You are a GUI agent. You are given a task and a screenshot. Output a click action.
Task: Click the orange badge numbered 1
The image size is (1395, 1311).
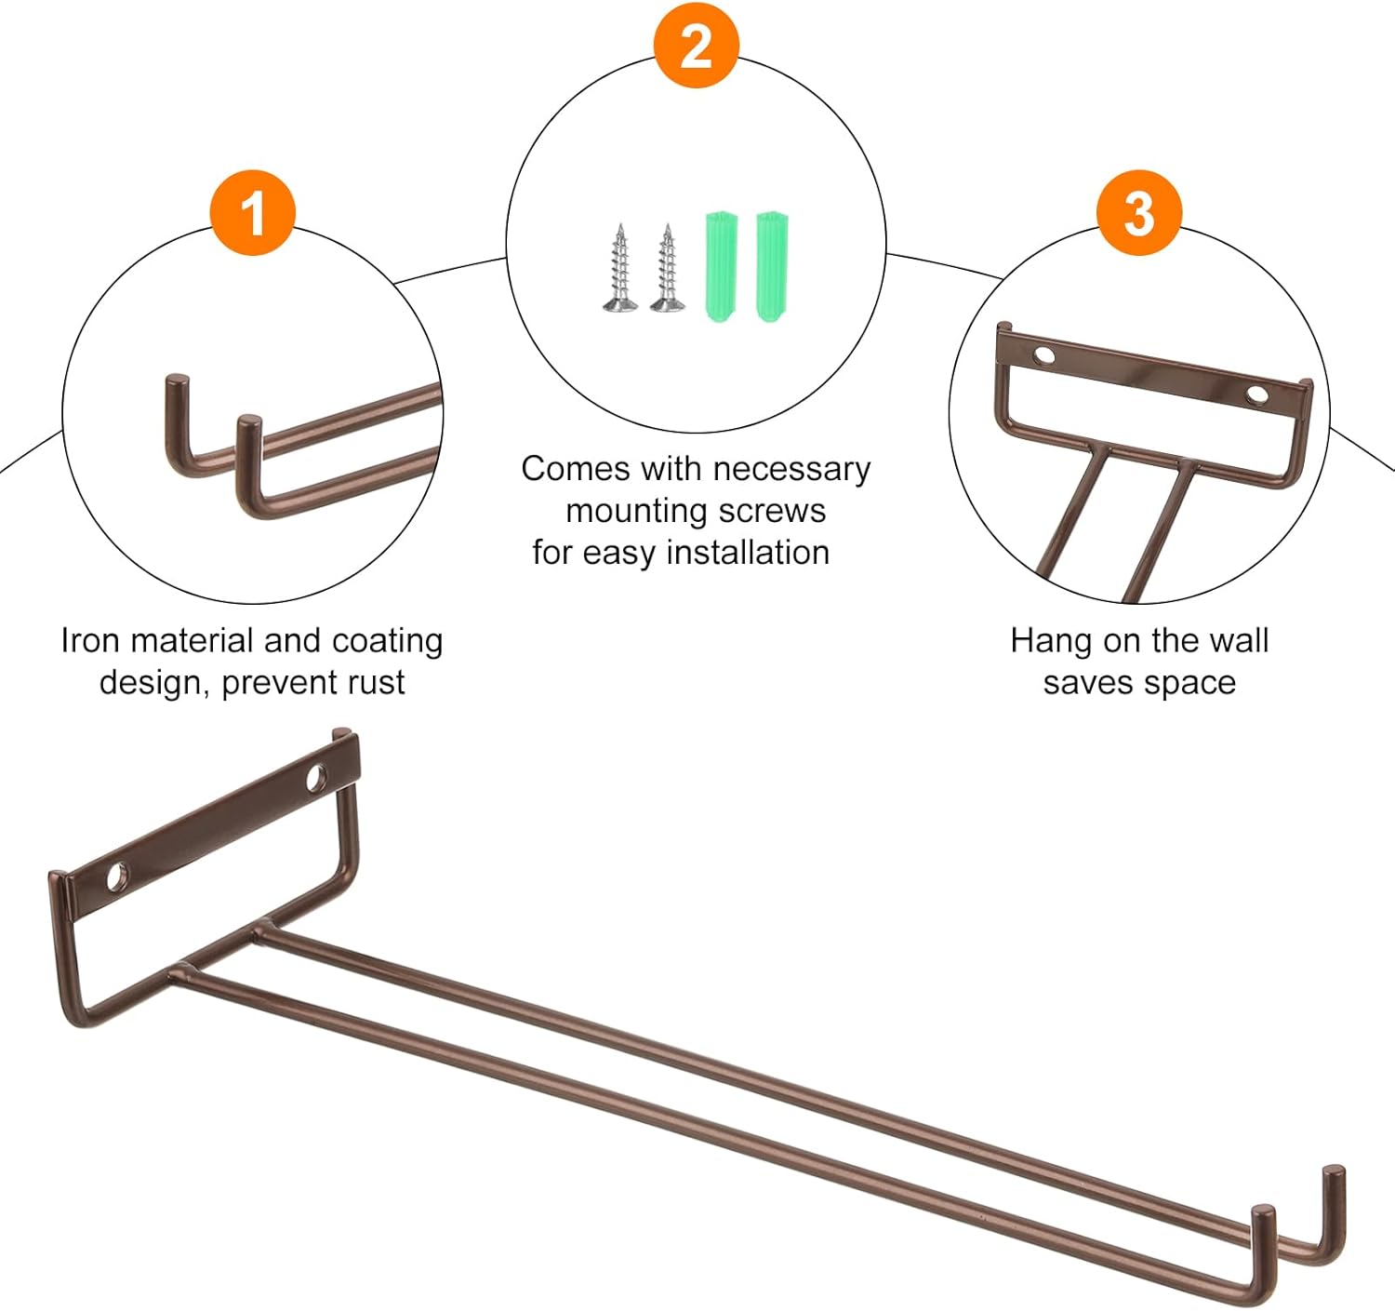[x=252, y=213]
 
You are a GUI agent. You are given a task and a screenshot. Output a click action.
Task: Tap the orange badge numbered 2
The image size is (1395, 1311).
[x=696, y=46]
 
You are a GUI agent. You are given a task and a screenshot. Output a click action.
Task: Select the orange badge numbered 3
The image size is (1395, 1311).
[x=1139, y=213]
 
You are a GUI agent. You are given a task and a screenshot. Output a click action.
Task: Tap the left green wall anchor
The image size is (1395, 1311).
[x=721, y=266]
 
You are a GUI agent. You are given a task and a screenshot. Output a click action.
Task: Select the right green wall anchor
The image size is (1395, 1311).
[x=772, y=266]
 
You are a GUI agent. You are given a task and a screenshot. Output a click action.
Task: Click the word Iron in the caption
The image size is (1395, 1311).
[x=91, y=641]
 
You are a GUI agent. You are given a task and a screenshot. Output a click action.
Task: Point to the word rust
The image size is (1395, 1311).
[x=376, y=683]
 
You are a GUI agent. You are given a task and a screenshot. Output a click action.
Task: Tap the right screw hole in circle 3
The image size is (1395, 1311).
[x=1256, y=396]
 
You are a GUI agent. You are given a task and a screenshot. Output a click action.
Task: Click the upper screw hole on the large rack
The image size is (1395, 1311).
[x=317, y=777]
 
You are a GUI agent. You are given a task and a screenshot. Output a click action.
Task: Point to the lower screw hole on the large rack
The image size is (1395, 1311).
[x=118, y=876]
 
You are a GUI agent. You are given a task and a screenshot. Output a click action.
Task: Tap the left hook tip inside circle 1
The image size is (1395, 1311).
[x=177, y=382]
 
